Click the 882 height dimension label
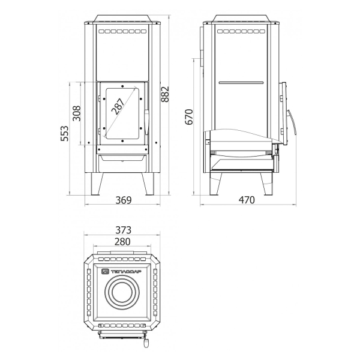tap(165, 94)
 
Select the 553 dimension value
tap(65, 133)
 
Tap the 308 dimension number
tap(77, 113)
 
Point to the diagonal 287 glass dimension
tap(118, 106)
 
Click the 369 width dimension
tap(124, 200)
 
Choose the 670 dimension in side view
tap(189, 117)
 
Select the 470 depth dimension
tap(247, 200)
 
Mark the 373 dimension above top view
tap(123, 230)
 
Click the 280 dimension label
tap(122, 242)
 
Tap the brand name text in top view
tap(126, 272)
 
